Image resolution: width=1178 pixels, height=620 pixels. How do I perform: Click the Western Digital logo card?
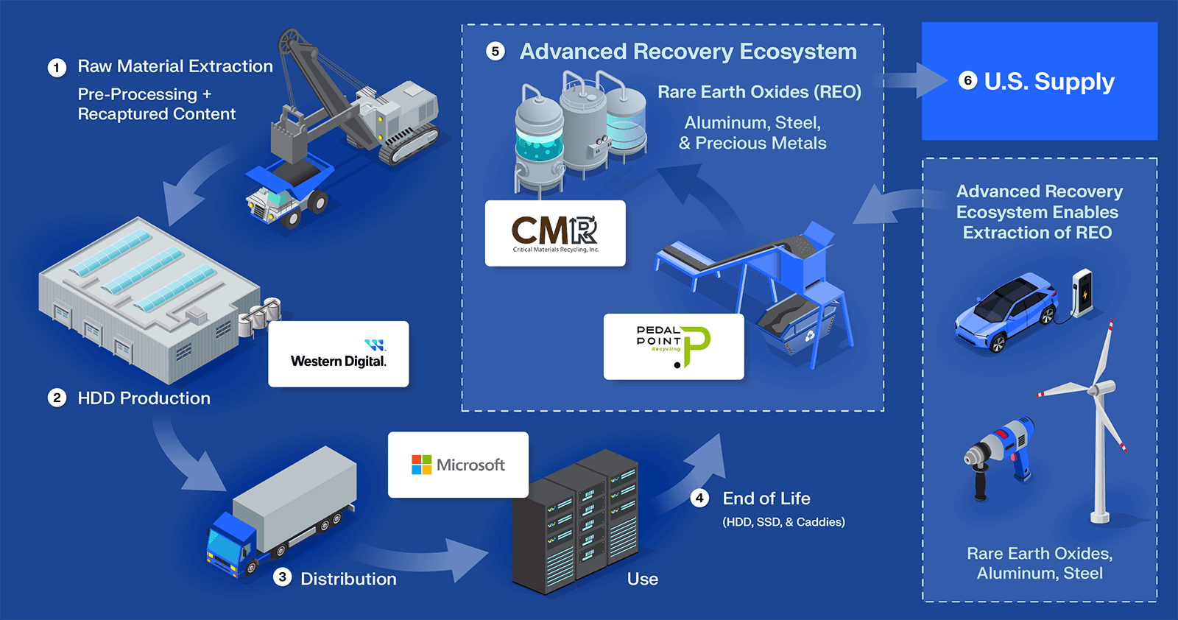tap(338, 354)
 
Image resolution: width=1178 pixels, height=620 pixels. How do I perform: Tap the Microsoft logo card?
tap(458, 465)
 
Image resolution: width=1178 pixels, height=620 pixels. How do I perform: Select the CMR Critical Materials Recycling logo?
tap(555, 233)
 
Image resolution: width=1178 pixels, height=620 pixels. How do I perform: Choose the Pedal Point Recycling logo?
tap(674, 346)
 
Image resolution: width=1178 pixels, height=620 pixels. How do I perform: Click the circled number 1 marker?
tap(57, 68)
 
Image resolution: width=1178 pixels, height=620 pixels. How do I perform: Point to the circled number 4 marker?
tap(699, 499)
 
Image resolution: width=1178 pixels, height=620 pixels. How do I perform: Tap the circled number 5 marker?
tap(495, 52)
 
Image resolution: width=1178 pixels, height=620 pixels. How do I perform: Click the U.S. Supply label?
tap(1048, 81)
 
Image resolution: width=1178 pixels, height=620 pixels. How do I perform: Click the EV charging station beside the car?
tap(1082, 292)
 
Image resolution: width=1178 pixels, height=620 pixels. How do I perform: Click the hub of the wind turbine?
tap(1101, 388)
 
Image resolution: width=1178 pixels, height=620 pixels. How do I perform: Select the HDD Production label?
tap(144, 398)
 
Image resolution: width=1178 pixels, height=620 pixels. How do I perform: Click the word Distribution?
tap(348, 579)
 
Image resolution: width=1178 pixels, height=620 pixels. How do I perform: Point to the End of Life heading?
tap(766, 499)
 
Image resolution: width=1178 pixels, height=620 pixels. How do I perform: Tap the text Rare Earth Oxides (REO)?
tap(759, 92)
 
